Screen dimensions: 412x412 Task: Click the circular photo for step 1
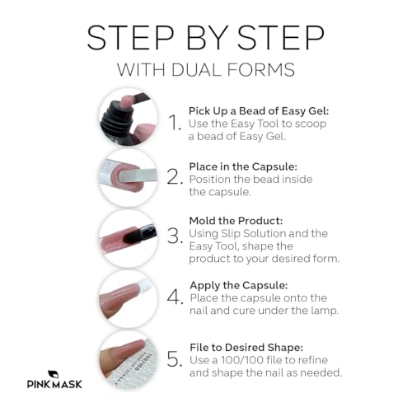[x=128, y=117]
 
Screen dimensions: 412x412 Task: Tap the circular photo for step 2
[x=128, y=176]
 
